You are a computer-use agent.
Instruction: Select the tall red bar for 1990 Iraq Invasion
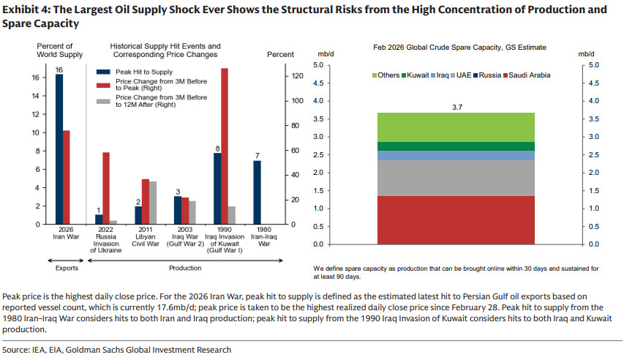point(225,146)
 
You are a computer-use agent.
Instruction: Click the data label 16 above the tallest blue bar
point(59,69)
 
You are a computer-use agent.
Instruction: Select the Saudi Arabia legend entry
point(525,75)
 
